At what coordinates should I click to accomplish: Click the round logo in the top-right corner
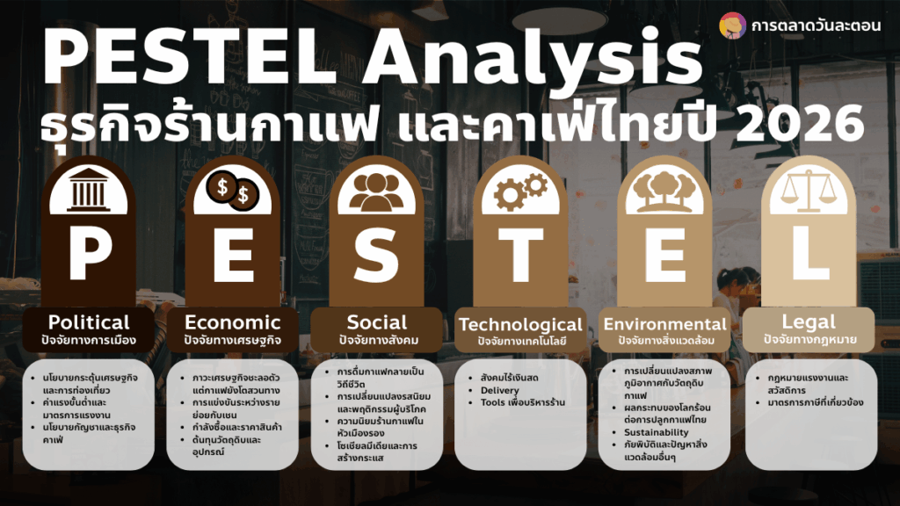point(732,25)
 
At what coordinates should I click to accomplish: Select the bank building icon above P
point(88,190)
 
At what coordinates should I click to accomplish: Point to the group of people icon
point(376,192)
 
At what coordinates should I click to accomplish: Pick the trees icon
point(664,192)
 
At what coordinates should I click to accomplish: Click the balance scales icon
point(809,191)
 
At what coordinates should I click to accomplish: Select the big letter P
point(89,253)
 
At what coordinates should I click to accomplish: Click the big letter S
point(376,253)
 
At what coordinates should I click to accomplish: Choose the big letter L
point(809,253)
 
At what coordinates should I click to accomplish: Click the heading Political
point(89,322)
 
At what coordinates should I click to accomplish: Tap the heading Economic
point(232,322)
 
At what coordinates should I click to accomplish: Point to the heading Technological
point(520,325)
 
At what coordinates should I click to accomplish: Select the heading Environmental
point(665,323)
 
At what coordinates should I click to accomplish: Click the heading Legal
point(809,322)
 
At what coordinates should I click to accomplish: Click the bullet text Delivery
point(500,390)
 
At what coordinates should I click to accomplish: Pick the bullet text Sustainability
point(657,432)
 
